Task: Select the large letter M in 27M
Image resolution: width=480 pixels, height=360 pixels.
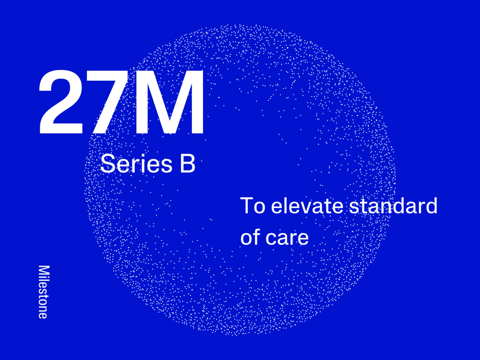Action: point(168,102)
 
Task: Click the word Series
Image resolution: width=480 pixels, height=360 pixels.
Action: point(136,164)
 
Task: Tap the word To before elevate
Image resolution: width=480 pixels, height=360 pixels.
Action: point(252,205)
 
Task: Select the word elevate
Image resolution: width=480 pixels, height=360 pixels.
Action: point(307,205)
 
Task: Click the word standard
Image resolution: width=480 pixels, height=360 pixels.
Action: point(394,205)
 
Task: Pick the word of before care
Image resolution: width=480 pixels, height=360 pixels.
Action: point(250,237)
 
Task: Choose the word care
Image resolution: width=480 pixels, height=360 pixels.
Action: point(287,239)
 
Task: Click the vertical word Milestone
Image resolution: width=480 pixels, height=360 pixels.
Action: point(44,292)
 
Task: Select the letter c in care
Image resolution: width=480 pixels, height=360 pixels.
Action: point(270,239)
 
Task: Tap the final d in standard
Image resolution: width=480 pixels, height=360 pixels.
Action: point(432,205)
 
